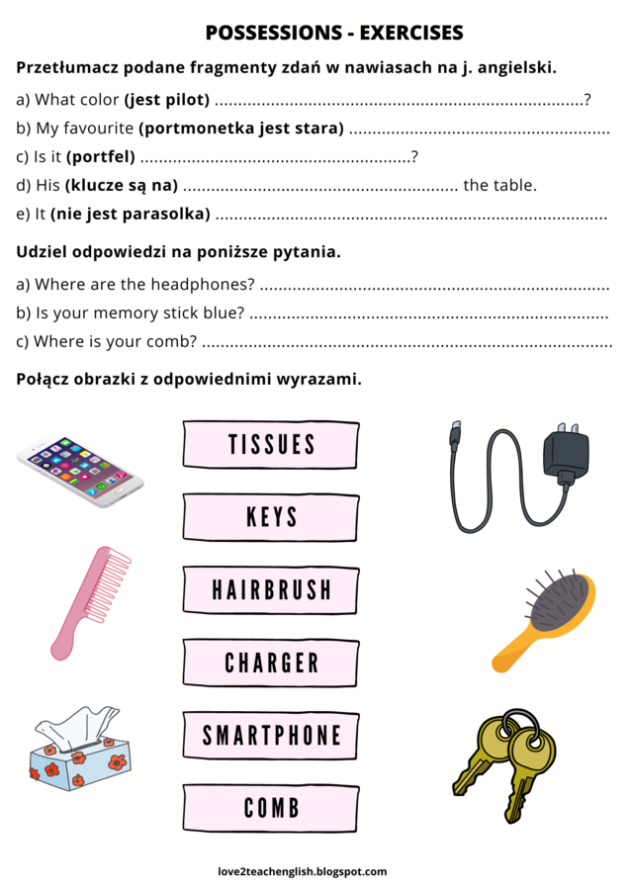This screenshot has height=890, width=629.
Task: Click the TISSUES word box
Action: [270, 444]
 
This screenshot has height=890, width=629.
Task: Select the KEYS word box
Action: [270, 517]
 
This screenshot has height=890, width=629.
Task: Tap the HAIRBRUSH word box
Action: [270, 590]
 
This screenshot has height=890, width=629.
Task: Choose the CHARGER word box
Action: [270, 663]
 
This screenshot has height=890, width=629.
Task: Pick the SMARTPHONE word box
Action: [270, 736]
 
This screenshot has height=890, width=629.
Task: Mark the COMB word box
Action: [270, 808]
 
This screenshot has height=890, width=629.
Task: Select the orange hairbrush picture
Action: [545, 619]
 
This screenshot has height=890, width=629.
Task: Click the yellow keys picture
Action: [504, 760]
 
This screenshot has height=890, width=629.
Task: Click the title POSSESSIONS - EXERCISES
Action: [334, 33]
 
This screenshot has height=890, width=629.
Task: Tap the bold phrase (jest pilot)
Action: [167, 99]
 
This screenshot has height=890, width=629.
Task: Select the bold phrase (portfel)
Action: [101, 156]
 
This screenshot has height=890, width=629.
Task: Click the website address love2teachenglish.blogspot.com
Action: [303, 871]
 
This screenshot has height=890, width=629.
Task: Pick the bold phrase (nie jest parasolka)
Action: [131, 214]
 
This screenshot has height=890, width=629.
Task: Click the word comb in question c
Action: [174, 342]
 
